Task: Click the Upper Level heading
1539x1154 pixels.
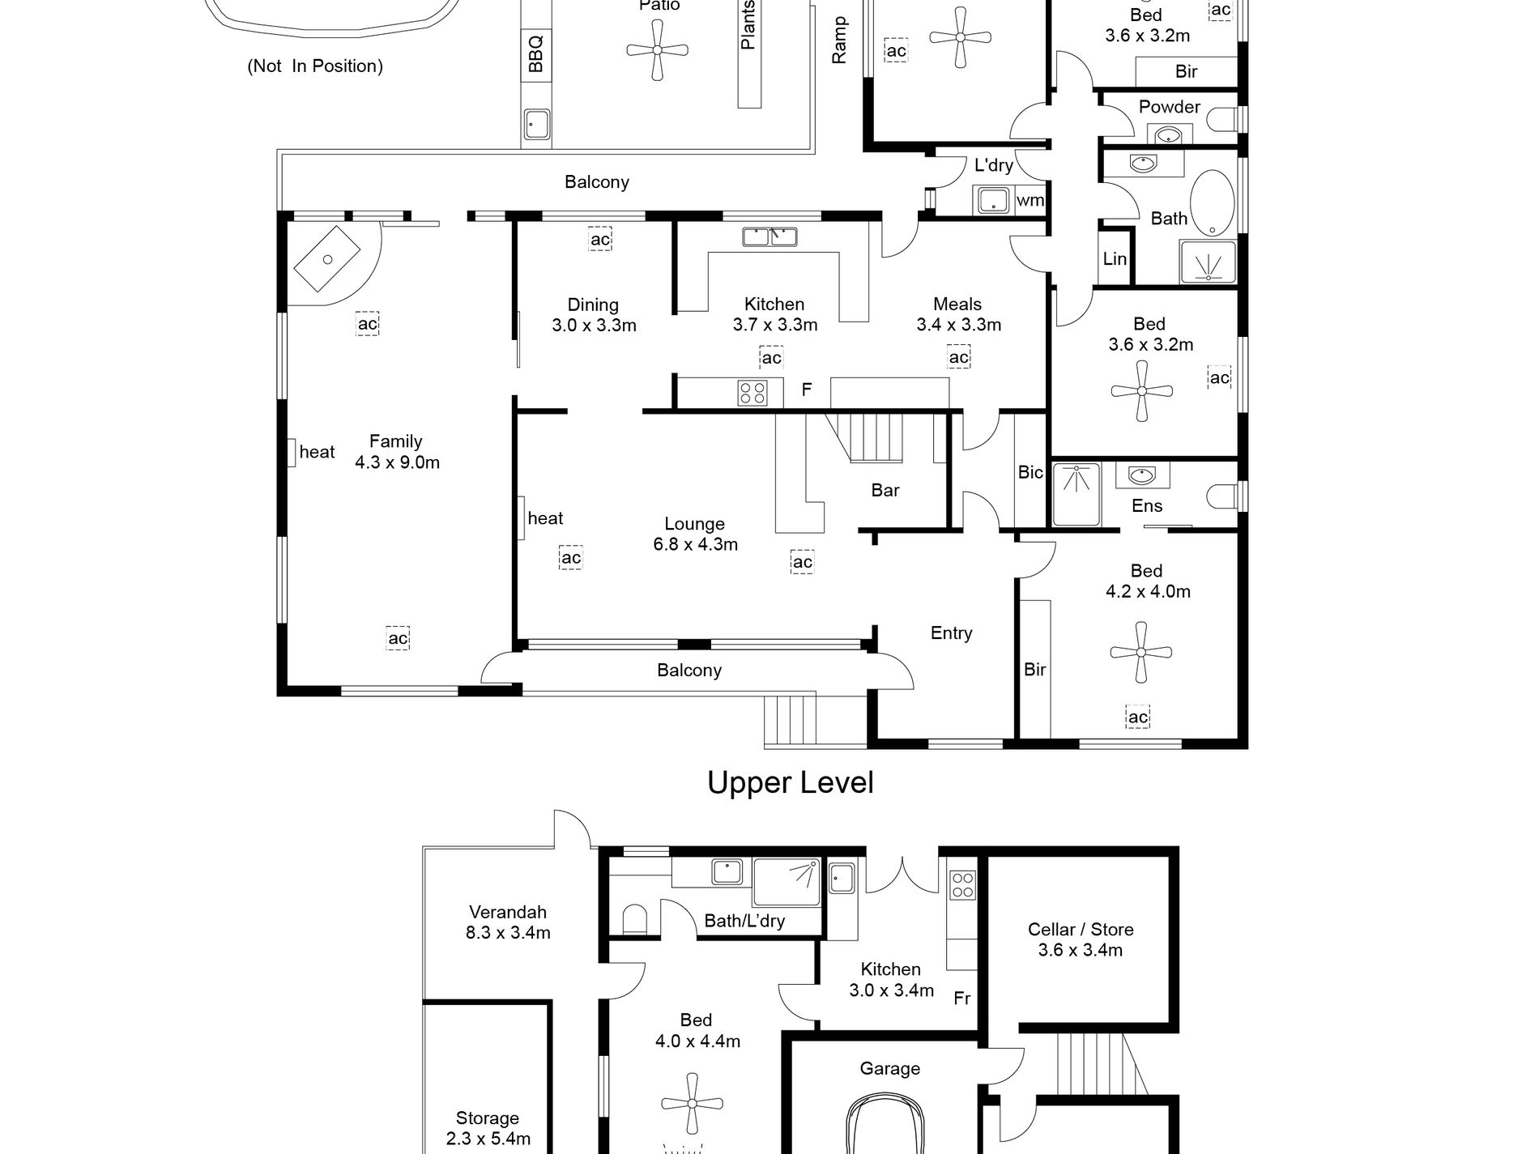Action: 791,783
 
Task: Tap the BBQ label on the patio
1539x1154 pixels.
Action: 535,54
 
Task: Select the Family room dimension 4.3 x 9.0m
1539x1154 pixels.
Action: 397,462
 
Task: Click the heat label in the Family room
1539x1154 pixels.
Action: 317,452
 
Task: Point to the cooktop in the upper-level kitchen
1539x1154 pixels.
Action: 752,393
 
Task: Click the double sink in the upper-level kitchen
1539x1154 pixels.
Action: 769,236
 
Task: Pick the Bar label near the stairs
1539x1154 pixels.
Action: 885,490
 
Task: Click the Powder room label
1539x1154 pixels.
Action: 1169,107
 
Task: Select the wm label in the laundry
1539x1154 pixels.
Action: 1030,200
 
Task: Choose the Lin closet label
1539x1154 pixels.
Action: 1115,258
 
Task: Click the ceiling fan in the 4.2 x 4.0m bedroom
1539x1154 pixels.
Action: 1141,652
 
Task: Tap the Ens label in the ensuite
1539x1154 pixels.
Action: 1147,505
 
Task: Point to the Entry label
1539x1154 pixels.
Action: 951,632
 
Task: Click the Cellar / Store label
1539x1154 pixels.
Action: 1081,930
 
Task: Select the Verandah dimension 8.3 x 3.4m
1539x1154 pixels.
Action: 508,933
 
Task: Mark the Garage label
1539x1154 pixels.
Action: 889,1069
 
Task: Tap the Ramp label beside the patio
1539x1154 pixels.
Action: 839,40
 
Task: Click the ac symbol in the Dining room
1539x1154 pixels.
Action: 600,239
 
